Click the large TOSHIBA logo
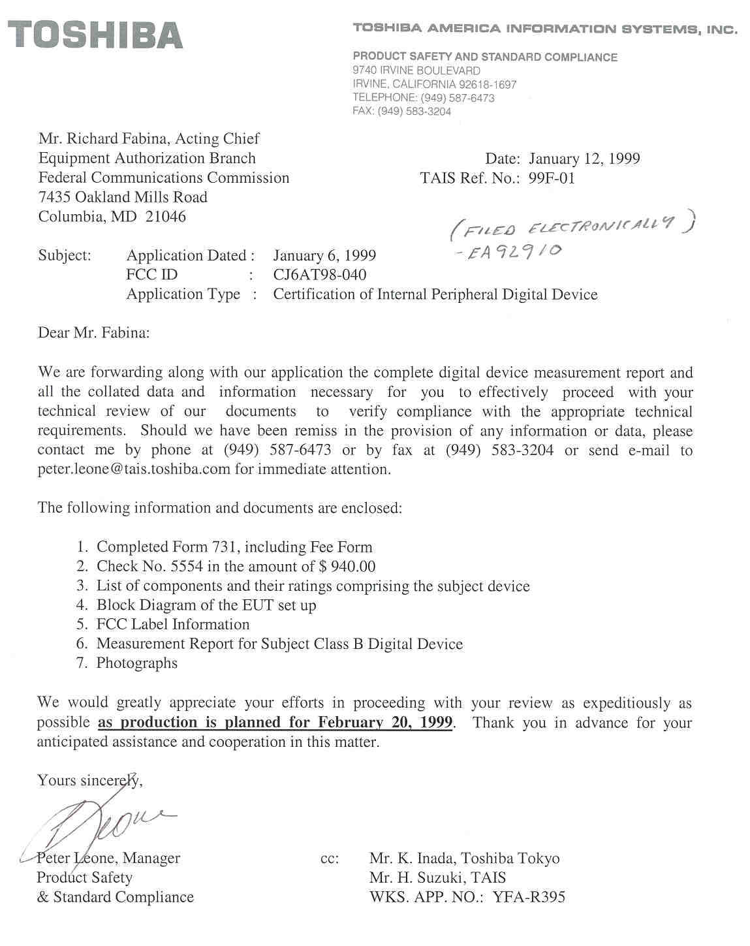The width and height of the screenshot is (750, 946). point(95,35)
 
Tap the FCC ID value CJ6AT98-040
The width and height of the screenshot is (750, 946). point(319,275)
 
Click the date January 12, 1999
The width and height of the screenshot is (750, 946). point(584,159)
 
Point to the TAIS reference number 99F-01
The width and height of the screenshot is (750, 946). point(552,178)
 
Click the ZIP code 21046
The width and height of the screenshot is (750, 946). point(166,217)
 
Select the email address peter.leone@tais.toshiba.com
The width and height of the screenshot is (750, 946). point(134,469)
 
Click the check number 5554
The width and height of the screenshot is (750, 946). point(187,567)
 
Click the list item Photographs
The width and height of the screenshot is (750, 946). point(137,663)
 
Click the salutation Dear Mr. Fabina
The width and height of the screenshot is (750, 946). point(94,333)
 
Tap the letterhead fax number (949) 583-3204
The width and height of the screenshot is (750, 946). point(414,112)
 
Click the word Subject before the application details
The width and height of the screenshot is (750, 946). point(65,256)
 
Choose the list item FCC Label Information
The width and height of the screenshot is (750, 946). point(173,625)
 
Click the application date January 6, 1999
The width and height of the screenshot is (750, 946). point(324,256)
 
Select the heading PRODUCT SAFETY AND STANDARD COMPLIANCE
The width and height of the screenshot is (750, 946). point(485,57)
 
